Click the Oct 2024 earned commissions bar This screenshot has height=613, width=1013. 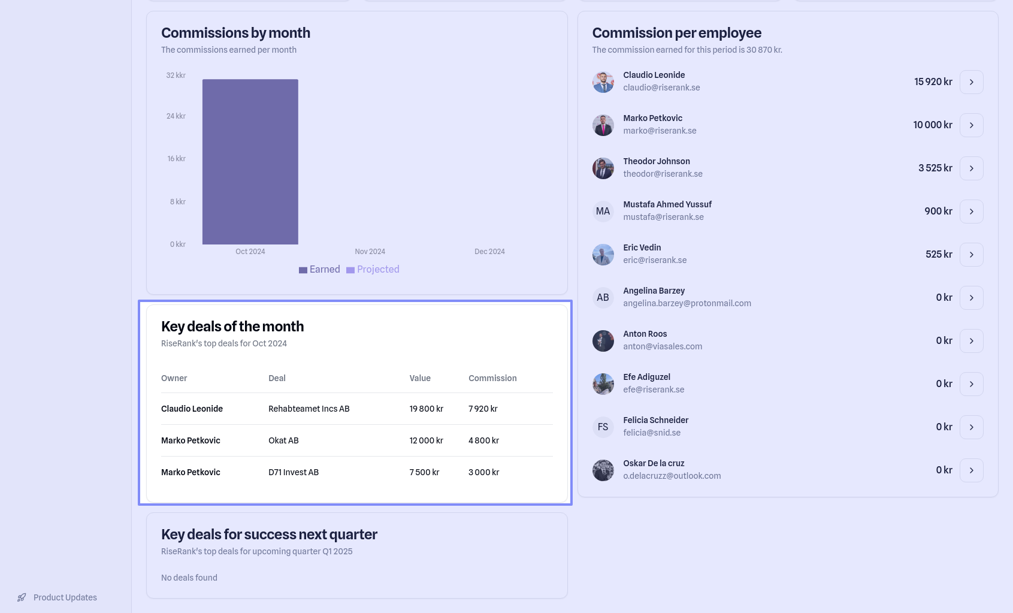click(x=250, y=162)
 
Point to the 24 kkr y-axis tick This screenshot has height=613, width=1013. click(x=176, y=116)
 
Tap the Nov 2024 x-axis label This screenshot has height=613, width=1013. click(x=370, y=252)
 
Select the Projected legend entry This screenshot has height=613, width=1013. click(x=373, y=270)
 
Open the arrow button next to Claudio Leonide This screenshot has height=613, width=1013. click(x=971, y=82)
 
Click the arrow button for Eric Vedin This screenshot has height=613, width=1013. click(x=971, y=255)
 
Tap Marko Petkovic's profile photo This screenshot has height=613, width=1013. click(x=603, y=125)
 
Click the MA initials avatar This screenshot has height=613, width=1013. click(x=603, y=212)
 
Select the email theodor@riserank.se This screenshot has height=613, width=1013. click(x=663, y=174)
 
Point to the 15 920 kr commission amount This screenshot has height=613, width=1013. click(x=933, y=82)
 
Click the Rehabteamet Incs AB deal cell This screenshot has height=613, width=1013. click(x=309, y=409)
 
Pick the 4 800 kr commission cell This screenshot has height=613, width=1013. click(x=483, y=440)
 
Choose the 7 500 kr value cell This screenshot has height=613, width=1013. click(x=424, y=472)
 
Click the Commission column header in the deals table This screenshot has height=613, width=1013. click(x=492, y=378)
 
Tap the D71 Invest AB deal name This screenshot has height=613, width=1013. click(x=294, y=472)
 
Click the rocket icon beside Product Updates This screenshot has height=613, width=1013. click(x=22, y=597)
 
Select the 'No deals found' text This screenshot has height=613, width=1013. click(x=189, y=578)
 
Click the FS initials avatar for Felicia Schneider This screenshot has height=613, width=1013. click(x=603, y=427)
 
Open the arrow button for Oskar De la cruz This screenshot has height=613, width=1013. click(x=971, y=470)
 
